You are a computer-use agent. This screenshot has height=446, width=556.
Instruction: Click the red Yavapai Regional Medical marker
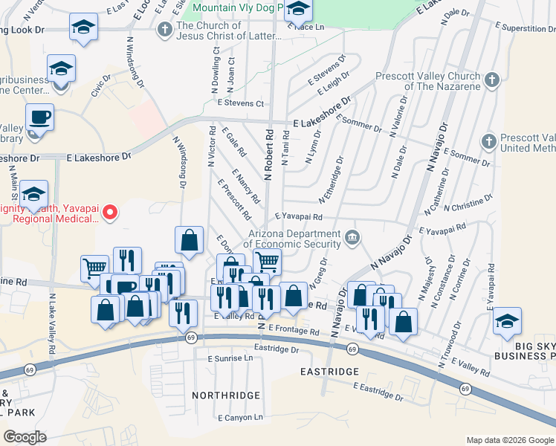[x=110, y=213]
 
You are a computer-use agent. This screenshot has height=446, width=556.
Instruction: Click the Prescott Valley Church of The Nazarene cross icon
[x=491, y=80]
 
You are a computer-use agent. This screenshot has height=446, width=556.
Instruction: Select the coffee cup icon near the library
[x=39, y=117]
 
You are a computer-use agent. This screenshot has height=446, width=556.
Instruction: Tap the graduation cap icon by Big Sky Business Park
[x=507, y=320]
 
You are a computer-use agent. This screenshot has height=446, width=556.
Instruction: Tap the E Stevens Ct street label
[x=240, y=103]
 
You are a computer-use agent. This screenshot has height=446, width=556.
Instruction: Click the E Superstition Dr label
[x=518, y=28]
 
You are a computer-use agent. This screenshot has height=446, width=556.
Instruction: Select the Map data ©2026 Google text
[x=509, y=440]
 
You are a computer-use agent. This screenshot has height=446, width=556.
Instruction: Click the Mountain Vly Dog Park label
[x=238, y=8]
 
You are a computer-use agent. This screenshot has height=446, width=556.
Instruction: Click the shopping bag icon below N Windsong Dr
[x=189, y=239]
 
